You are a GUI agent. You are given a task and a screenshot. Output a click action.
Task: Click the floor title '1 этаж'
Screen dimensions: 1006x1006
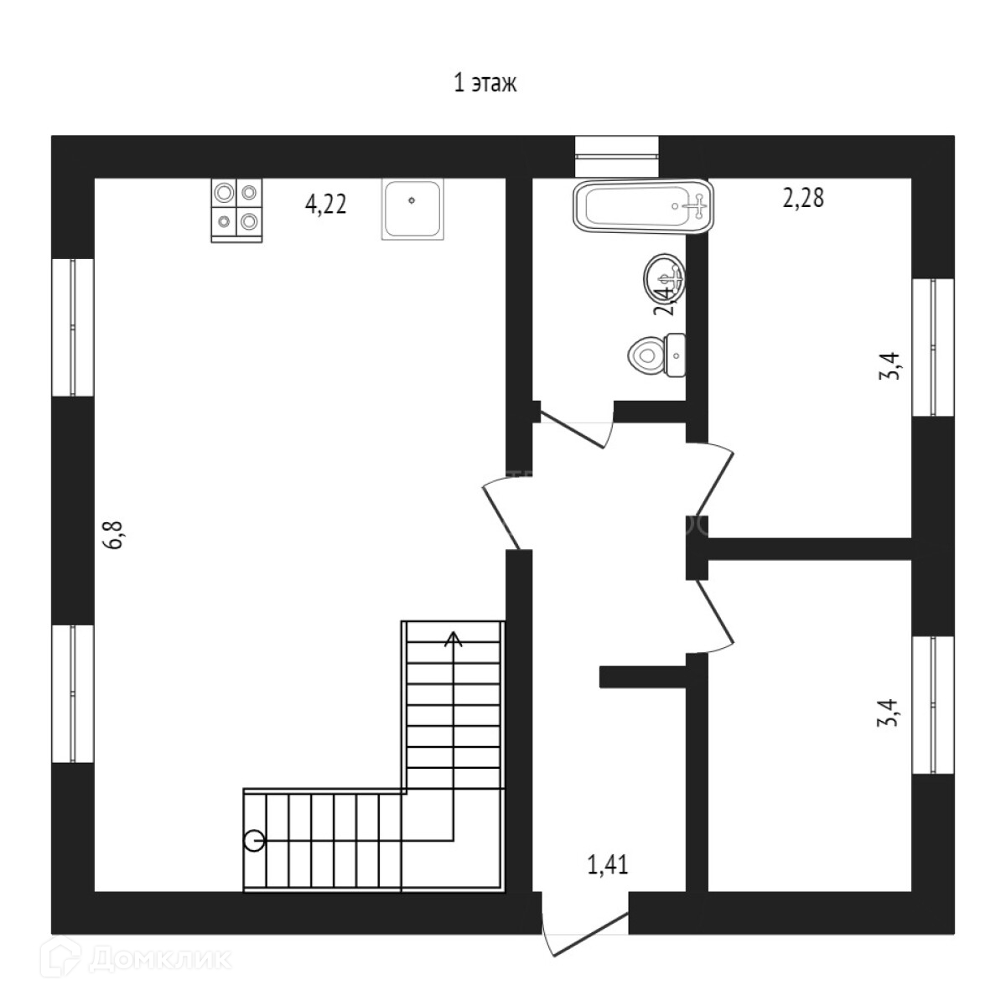[485, 84]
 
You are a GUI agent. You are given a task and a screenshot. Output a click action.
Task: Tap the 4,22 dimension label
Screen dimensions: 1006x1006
[325, 204]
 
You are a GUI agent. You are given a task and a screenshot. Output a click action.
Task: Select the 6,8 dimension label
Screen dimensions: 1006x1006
[114, 535]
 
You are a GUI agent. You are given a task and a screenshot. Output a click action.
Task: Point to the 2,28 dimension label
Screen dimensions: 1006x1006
[803, 199]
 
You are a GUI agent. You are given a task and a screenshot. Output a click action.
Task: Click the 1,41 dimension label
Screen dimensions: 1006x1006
[608, 864]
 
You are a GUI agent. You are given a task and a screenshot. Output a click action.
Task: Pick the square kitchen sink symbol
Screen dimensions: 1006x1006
[412, 208]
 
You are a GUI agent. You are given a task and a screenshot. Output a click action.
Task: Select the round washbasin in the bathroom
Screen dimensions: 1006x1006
[666, 276]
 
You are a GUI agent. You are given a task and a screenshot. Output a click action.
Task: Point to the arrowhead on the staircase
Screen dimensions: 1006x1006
[454, 640]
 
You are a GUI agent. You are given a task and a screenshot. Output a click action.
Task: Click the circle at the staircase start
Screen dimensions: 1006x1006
[254, 841]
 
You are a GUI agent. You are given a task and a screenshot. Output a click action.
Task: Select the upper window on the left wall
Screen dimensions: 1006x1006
[73, 326]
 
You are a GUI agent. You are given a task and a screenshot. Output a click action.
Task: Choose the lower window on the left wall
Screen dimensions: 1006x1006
[73, 693]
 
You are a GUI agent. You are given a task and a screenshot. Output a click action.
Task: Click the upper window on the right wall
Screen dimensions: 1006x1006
[933, 347]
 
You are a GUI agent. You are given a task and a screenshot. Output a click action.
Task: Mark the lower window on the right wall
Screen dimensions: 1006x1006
[933, 705]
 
